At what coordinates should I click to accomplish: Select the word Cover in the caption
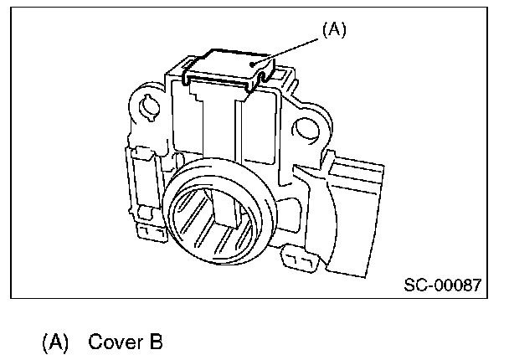click(112, 342)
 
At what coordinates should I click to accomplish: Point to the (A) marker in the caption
click(54, 342)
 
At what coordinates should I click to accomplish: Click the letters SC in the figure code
click(414, 285)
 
